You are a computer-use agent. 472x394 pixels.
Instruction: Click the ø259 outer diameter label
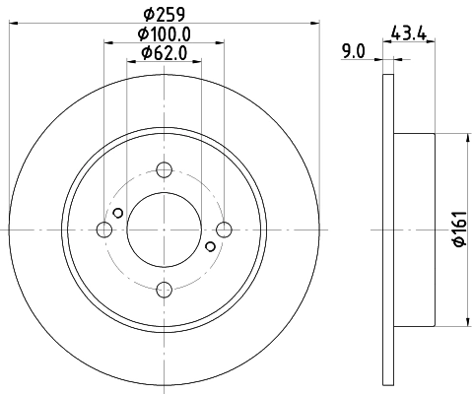(164, 15)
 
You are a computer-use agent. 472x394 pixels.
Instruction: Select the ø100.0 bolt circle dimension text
(164, 33)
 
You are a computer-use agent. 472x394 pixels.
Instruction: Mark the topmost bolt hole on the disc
(165, 169)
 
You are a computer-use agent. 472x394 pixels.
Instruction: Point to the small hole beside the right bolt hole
(211, 246)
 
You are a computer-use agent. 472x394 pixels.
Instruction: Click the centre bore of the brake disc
(165, 230)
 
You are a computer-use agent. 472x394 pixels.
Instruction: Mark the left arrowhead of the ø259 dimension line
(13, 23)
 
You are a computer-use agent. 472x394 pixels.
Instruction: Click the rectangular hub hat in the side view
(414, 230)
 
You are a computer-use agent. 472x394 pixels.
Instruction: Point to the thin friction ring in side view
(386, 230)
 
